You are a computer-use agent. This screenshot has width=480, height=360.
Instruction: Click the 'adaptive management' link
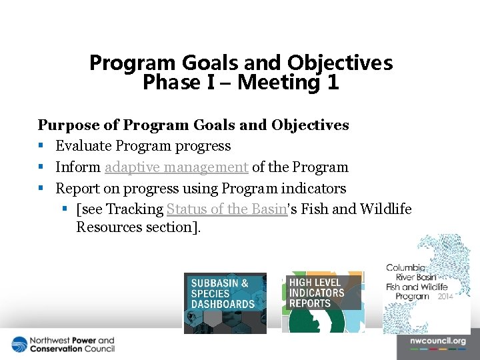[x=176, y=167]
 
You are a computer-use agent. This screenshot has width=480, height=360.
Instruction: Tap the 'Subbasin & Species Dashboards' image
[x=225, y=303]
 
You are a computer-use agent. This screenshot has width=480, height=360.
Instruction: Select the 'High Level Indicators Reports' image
[x=323, y=303]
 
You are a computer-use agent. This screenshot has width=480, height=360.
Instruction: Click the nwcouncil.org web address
[x=437, y=341]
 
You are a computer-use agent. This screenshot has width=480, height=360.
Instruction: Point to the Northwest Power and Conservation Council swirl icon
[x=19, y=345]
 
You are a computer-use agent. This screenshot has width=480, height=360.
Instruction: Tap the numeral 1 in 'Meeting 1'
[x=332, y=83]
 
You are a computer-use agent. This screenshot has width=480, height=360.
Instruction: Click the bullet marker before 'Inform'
[x=41, y=167]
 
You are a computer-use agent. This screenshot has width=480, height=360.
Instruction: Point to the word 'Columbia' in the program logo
[x=405, y=269]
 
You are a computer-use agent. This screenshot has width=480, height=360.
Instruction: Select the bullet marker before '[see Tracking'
[x=65, y=209]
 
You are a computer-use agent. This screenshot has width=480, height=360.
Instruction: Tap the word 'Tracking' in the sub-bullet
[x=135, y=209]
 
